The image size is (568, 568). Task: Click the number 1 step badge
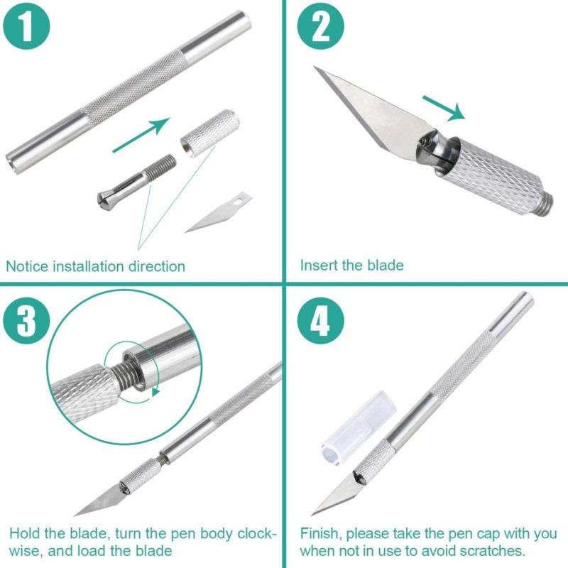click(x=26, y=26)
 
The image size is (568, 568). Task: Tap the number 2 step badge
click(x=321, y=26)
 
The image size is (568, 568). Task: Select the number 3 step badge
click(x=26, y=321)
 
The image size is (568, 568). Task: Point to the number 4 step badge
click(x=321, y=321)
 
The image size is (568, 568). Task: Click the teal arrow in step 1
click(x=141, y=135)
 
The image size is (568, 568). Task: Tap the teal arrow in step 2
click(x=444, y=108)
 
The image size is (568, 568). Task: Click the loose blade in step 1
click(x=219, y=212)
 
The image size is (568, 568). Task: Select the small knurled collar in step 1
click(x=210, y=133)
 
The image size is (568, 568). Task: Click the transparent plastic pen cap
click(x=359, y=428)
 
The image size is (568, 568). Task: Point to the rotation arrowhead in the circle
click(x=155, y=392)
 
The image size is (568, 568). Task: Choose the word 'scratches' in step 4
click(x=491, y=551)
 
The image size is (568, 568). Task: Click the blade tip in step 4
click(x=312, y=514)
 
